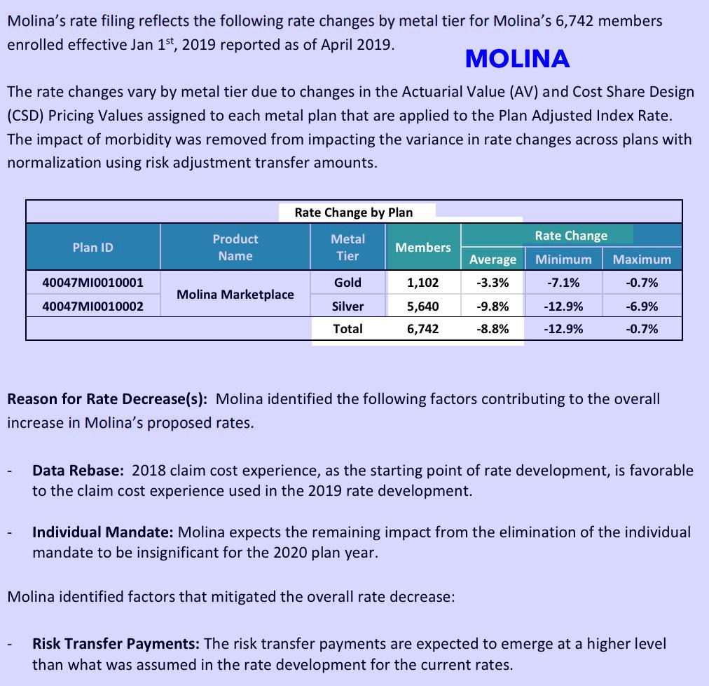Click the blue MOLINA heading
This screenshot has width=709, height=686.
[517, 59]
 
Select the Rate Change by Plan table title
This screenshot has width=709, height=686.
[353, 213]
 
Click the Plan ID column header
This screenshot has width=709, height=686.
[92, 247]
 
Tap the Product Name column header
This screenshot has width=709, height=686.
[235, 248]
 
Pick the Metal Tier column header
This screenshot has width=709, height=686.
[347, 248]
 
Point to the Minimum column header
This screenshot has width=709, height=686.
[563, 260]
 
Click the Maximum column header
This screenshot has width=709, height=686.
[642, 260]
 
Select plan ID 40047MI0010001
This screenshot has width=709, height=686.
[92, 283]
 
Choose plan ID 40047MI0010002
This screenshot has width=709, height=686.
[92, 306]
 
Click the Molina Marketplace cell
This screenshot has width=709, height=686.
[235, 295]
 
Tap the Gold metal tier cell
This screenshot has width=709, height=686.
[347, 283]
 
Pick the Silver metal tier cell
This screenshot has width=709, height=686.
[347, 306]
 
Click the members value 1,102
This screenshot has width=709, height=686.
[422, 283]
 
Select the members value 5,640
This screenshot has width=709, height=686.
[422, 306]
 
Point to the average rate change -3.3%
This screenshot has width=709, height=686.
[493, 283]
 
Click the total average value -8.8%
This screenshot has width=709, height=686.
[493, 328]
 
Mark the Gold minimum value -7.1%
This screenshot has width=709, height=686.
[563, 283]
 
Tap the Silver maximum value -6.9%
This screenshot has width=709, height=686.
[642, 306]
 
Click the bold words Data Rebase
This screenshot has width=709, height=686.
[78, 470]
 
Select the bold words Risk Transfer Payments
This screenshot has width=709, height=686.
[116, 643]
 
